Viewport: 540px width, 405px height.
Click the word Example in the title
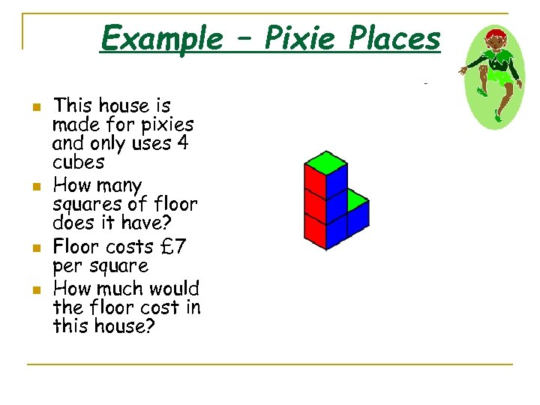pos(161,37)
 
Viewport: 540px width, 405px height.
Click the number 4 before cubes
pos(181,143)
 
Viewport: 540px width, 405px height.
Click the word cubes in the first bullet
pos(78,162)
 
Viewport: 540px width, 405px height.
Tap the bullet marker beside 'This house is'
pos(34,107)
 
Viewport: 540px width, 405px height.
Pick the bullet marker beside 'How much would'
pos(34,289)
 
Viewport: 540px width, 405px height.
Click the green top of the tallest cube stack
pos(325,160)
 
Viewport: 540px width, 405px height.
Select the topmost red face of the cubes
pos(313,181)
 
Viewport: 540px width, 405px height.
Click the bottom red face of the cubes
pos(313,232)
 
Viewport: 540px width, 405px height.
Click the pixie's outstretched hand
pos(463,70)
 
